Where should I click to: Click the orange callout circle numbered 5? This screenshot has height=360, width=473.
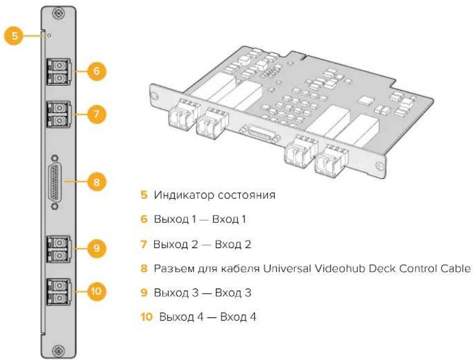tap(14, 36)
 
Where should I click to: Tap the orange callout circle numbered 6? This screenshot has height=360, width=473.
tap(97, 71)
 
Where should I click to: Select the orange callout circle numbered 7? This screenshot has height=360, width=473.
tap(97, 114)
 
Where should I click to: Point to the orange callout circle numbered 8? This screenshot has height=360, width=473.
tap(97, 182)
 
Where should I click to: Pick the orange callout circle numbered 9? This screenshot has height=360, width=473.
tap(97, 248)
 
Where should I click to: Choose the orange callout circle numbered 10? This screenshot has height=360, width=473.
tap(97, 292)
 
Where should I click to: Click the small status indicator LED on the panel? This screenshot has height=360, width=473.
tap(49, 36)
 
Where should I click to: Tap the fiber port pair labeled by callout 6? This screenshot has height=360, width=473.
tap(59, 71)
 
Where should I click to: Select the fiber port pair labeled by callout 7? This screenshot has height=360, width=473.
tap(59, 115)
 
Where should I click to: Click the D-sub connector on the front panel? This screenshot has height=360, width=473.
tap(55, 182)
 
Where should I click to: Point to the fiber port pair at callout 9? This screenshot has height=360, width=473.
tap(59, 249)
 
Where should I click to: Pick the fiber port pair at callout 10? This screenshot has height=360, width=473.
tap(59, 292)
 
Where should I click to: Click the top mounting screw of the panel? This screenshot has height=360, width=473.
tap(58, 13)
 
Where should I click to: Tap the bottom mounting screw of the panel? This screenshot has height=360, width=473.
tap(58, 351)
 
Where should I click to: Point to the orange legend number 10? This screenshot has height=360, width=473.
tap(146, 317)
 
